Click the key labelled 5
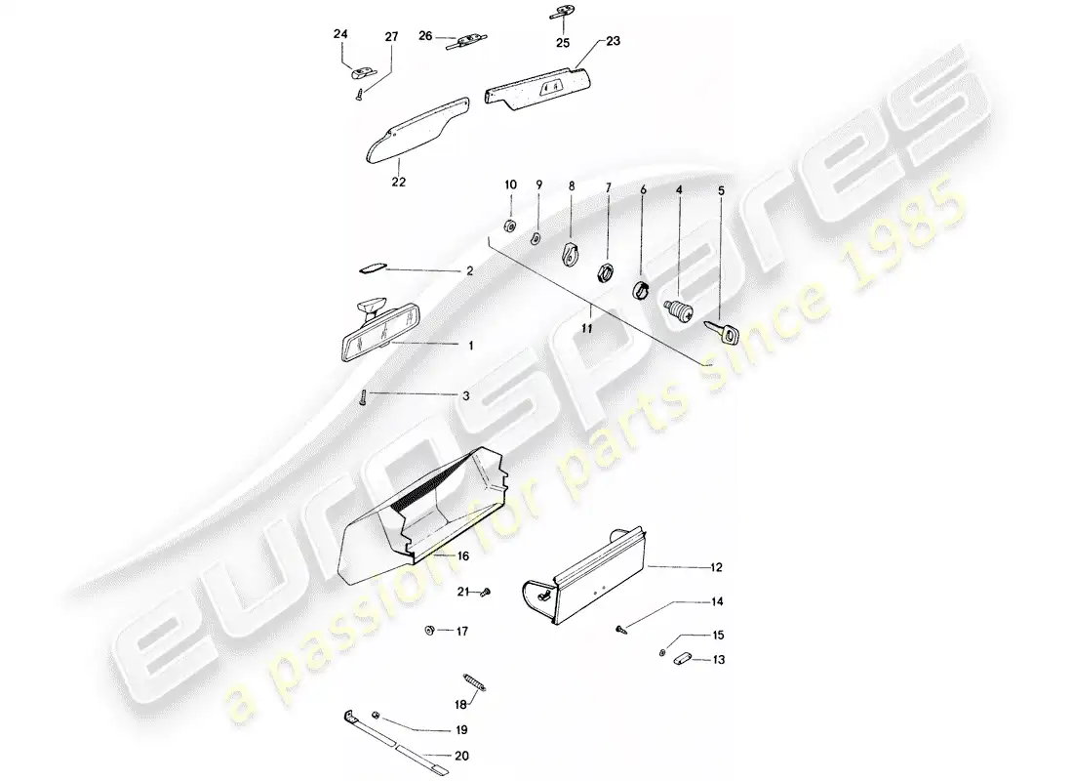(723, 332)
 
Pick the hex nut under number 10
(510, 226)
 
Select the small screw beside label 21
(487, 591)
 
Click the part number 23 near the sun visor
(614, 41)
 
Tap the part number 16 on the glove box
(463, 556)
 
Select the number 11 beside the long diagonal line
(586, 329)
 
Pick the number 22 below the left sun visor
(398, 183)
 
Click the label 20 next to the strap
(462, 756)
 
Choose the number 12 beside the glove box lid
(717, 567)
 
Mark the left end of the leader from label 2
(386, 269)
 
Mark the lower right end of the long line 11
(712, 366)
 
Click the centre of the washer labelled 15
(662, 652)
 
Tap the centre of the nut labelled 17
(430, 630)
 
